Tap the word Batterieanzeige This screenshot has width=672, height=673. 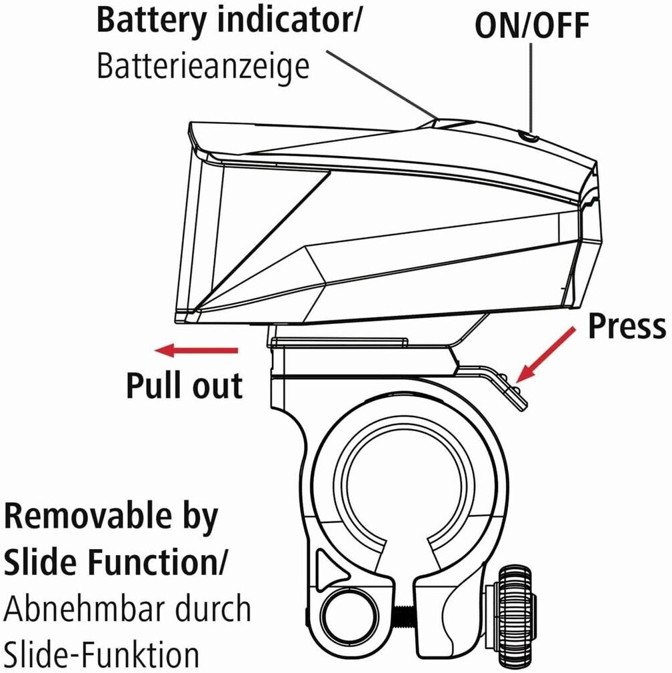point(203,67)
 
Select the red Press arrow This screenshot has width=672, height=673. point(547,353)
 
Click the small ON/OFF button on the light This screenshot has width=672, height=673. point(530,137)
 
